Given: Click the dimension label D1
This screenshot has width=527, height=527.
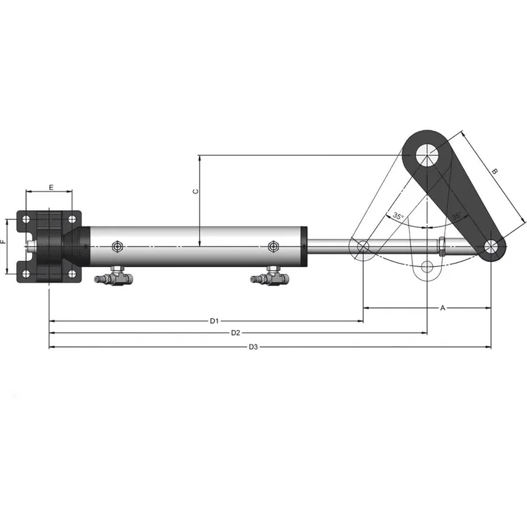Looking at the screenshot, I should pyautogui.click(x=214, y=320).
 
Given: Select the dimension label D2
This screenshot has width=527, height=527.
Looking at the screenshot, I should pyautogui.click(x=235, y=333).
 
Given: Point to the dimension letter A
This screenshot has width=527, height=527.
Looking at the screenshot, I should pyautogui.click(x=443, y=308).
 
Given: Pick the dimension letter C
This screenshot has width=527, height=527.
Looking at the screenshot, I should pyautogui.click(x=195, y=191).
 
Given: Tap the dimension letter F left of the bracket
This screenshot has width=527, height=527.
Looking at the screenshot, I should pyautogui.click(x=3, y=242).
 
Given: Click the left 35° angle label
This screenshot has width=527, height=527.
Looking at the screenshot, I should pyautogui.click(x=398, y=216).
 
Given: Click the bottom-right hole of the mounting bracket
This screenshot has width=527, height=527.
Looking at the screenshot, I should pyautogui.click(x=72, y=274).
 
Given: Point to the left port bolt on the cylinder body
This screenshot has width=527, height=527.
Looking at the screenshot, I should pyautogui.click(x=117, y=246).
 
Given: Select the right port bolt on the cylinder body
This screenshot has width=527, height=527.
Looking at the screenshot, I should pyautogui.click(x=273, y=246).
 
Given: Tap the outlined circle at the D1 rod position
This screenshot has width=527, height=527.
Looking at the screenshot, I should pyautogui.click(x=363, y=246).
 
